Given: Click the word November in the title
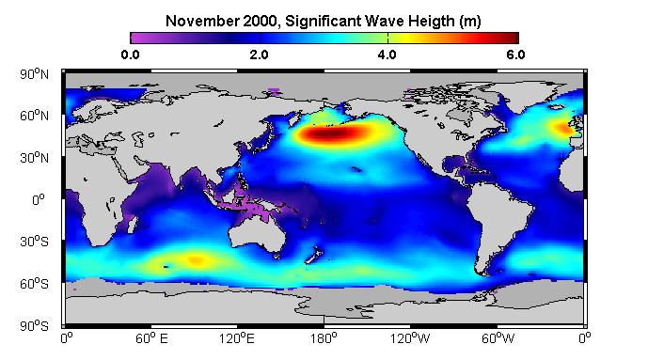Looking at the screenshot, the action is point(202,21).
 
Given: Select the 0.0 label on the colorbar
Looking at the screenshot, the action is point(130,55).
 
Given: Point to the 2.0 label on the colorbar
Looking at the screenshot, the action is point(260,55).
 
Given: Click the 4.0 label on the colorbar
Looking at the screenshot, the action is point(387,55).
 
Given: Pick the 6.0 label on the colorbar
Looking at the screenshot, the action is point(515,55).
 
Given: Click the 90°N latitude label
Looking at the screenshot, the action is point(34,74).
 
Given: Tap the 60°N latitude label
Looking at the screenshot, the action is point(34,116).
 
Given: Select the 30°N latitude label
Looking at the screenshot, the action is point(34,158).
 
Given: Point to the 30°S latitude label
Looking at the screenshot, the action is point(34,242).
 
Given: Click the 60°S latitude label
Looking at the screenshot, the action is point(34,284).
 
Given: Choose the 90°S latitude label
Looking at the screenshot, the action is point(34,326).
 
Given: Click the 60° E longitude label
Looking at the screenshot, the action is point(151,338).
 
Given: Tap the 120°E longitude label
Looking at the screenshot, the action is point(236,338).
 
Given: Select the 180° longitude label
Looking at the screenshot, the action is point(324,338).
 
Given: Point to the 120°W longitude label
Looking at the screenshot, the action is point(410,338).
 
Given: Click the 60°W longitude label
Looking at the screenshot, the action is point(498,338).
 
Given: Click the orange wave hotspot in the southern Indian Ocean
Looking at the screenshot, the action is point(197,260).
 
